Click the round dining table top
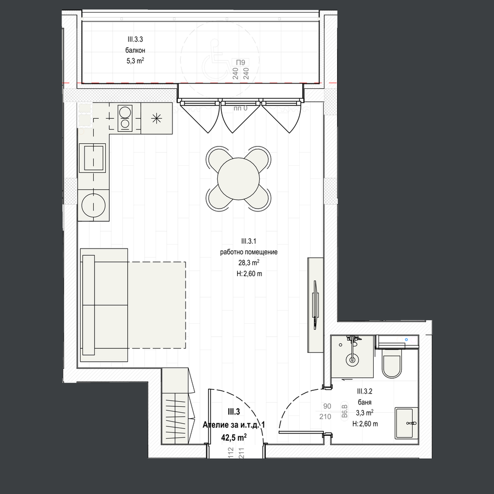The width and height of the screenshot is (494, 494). [x=238, y=178]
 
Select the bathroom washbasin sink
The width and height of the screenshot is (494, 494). [x=406, y=423]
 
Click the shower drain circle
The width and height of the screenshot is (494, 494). [x=352, y=360]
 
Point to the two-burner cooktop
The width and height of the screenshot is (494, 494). [x=125, y=118]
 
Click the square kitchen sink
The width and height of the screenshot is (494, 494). [x=92, y=158]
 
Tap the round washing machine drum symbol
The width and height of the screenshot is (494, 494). [x=93, y=205]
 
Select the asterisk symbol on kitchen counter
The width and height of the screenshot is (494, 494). [x=156, y=119]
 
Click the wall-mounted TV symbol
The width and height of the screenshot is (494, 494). [x=316, y=305]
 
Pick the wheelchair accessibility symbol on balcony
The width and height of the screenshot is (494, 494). [x=215, y=60]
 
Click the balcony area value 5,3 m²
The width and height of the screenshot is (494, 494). [x=135, y=60]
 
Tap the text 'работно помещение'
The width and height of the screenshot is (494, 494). [x=249, y=252]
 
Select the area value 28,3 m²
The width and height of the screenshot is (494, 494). [x=249, y=262]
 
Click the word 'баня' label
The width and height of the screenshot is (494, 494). [x=364, y=402]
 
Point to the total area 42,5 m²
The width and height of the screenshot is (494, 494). [x=233, y=437]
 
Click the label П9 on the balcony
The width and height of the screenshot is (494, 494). [x=240, y=63]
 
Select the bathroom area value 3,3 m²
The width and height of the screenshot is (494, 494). [x=364, y=413]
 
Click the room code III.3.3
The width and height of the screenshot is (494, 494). [x=135, y=40]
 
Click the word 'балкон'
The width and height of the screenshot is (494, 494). [x=135, y=50]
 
